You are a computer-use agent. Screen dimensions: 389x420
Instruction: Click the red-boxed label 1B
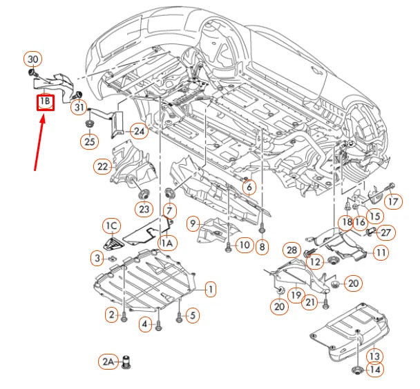tap(46, 103)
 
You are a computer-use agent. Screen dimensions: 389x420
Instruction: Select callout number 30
tap(33, 59)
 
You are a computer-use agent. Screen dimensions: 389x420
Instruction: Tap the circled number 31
tap(80, 108)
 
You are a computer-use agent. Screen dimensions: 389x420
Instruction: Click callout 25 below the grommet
tap(89, 141)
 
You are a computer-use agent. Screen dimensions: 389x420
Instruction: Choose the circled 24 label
tap(140, 130)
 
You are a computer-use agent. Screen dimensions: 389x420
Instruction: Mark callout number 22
tap(104, 166)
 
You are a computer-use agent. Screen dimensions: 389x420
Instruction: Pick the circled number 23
tap(144, 209)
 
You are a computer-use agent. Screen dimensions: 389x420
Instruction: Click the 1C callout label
tap(111, 225)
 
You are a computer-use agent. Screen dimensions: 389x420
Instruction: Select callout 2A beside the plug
tap(107, 361)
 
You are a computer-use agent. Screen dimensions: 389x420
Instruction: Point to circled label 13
tap(374, 355)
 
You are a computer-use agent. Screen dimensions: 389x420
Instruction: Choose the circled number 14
tap(374, 370)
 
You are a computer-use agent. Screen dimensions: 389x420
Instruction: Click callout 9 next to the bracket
tap(193, 223)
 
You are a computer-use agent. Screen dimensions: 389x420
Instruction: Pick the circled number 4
tap(146, 323)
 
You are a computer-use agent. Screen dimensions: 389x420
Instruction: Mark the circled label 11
tap(381, 253)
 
